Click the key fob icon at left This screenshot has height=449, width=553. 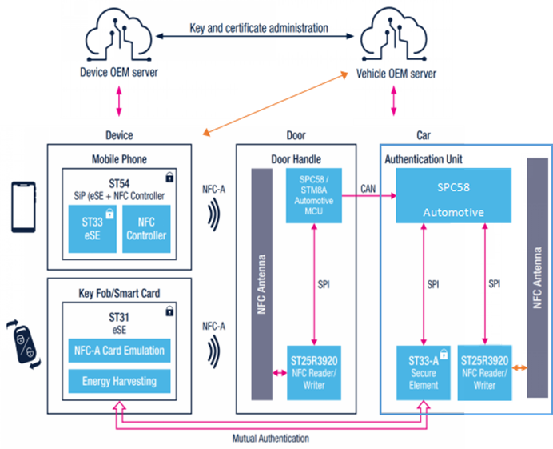[20, 338]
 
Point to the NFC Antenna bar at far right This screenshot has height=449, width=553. [537, 276]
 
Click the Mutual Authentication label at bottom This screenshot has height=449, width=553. [270, 439]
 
